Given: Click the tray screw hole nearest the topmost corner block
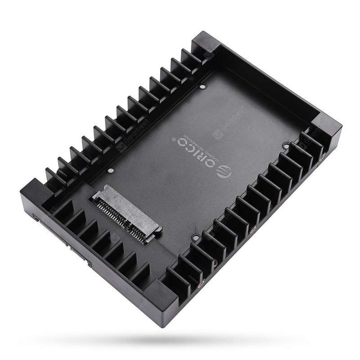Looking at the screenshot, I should coord(204,84).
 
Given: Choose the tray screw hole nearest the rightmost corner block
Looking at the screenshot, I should coord(286,145).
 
